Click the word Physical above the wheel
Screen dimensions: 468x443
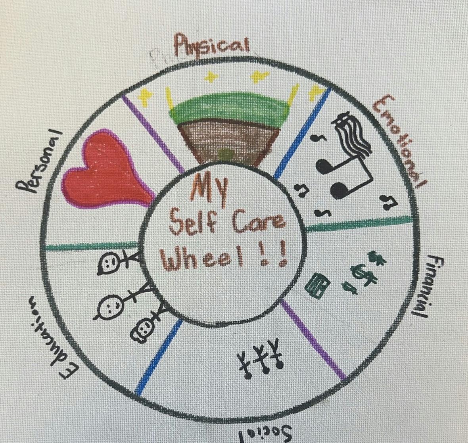click(x=212, y=44)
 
